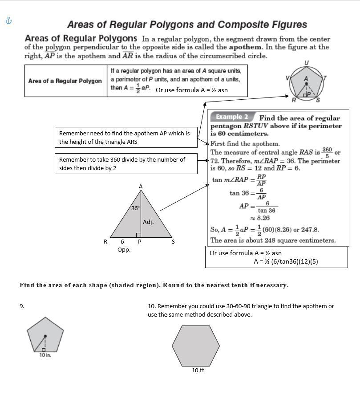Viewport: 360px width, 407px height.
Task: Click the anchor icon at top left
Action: tap(8, 20)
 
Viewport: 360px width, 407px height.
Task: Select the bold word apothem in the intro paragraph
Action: tap(246, 47)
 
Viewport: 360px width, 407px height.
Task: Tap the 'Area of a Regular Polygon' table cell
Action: tap(65, 81)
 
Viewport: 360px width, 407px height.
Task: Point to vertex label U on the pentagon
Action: tap(306, 63)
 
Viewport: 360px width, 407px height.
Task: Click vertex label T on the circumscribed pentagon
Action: tap(325, 78)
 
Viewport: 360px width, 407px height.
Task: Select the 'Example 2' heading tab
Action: tap(232, 117)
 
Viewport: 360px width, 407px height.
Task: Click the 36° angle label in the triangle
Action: tap(135, 208)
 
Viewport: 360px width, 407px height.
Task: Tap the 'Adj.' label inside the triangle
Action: tap(148, 222)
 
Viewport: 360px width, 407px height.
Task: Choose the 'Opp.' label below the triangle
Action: tap(124, 249)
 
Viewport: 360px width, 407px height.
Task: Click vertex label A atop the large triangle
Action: tap(141, 187)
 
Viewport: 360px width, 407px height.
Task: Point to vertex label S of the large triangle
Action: tap(173, 242)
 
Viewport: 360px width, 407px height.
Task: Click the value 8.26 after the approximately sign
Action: tap(263, 218)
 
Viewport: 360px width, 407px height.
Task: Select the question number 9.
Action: tap(22, 306)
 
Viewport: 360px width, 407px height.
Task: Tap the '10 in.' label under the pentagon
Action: tap(45, 355)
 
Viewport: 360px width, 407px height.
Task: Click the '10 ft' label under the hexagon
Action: tap(198, 370)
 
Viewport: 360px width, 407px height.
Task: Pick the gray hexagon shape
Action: tap(196, 346)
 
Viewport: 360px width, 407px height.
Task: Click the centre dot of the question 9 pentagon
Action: tap(45, 335)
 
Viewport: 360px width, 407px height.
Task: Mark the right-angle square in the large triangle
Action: tap(138, 235)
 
